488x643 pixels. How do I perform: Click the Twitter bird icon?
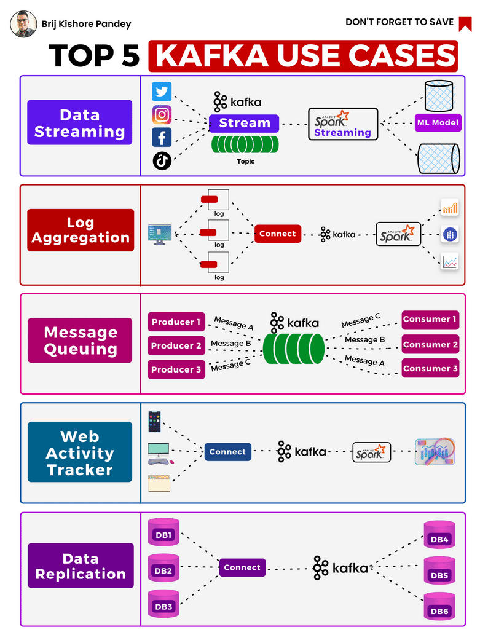(x=162, y=92)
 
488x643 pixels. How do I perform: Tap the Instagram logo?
(x=162, y=114)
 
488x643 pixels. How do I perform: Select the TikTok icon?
(x=162, y=160)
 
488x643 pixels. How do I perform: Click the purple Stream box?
(x=244, y=123)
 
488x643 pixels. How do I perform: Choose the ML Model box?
(x=437, y=122)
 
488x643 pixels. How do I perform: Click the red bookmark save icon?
(x=465, y=23)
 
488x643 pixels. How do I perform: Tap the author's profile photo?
(x=23, y=23)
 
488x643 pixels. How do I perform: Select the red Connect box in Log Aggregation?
(x=277, y=234)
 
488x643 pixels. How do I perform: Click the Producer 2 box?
(x=176, y=345)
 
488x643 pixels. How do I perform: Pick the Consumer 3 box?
(x=430, y=369)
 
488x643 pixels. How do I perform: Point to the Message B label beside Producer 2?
(x=230, y=344)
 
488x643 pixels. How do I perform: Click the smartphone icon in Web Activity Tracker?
(x=154, y=422)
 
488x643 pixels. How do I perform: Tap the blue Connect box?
(x=227, y=452)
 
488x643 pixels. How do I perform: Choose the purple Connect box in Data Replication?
(x=242, y=567)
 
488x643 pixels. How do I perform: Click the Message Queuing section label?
(x=80, y=341)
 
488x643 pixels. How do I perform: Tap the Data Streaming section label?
(x=80, y=123)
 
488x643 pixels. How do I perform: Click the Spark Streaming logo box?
(x=343, y=124)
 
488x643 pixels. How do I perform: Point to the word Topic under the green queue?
(x=245, y=161)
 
